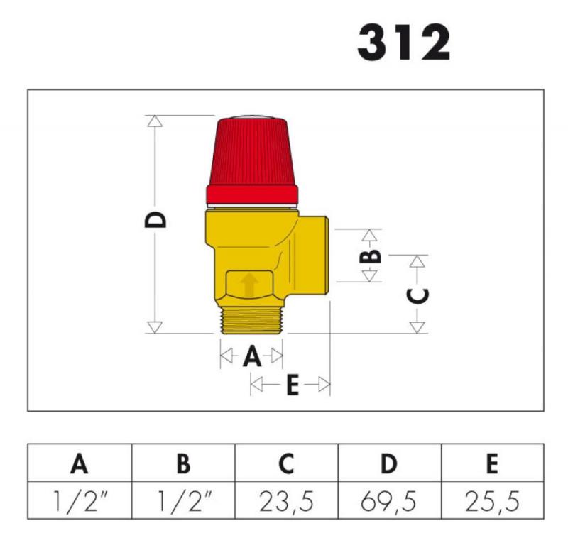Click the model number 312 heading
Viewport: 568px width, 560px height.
click(403, 43)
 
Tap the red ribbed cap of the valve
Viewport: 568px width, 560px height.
click(252, 160)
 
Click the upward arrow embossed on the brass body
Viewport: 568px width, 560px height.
click(249, 285)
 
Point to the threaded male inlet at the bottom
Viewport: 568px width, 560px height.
click(252, 320)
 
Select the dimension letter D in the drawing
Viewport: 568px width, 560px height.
click(155, 219)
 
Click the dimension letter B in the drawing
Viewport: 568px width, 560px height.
click(370, 256)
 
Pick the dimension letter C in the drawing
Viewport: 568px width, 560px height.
click(417, 295)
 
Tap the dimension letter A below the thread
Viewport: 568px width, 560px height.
click(252, 356)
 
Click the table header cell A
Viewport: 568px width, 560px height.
click(80, 463)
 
